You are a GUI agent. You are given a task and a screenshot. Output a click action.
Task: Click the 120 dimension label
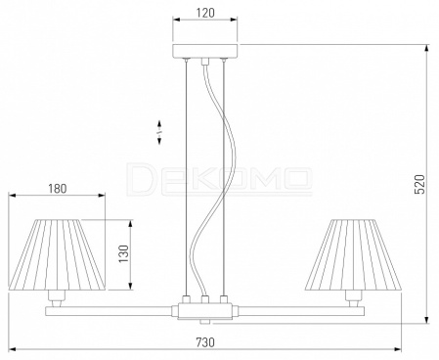click(x=205, y=13)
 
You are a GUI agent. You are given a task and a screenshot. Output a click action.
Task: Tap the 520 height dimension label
click(x=419, y=184)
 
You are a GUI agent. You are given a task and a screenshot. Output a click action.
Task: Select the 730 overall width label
click(x=205, y=342)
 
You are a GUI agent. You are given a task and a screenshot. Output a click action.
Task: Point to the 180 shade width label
click(x=58, y=189)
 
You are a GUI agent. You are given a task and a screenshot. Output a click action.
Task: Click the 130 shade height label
click(x=124, y=254)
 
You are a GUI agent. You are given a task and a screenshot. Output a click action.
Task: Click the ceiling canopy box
click(x=205, y=51)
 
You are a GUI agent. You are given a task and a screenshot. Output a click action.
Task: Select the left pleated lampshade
click(x=57, y=254)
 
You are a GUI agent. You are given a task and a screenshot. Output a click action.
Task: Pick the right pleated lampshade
click(x=353, y=254)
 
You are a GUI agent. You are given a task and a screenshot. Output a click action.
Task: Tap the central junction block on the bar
click(x=205, y=311)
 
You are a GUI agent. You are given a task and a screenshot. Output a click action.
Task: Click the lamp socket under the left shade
click(x=57, y=295)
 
